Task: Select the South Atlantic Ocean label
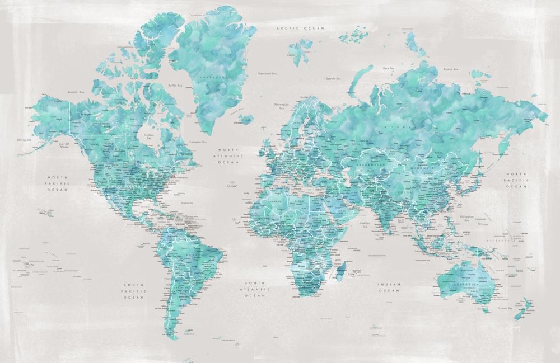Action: [x=254, y=289]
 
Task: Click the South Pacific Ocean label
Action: [x=134, y=291]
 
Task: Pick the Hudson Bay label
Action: [x=149, y=136]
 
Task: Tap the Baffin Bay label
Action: [x=176, y=86]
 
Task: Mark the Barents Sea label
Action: [x=333, y=79]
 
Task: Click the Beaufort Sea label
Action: [x=76, y=92]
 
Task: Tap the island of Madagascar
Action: [x=340, y=272]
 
